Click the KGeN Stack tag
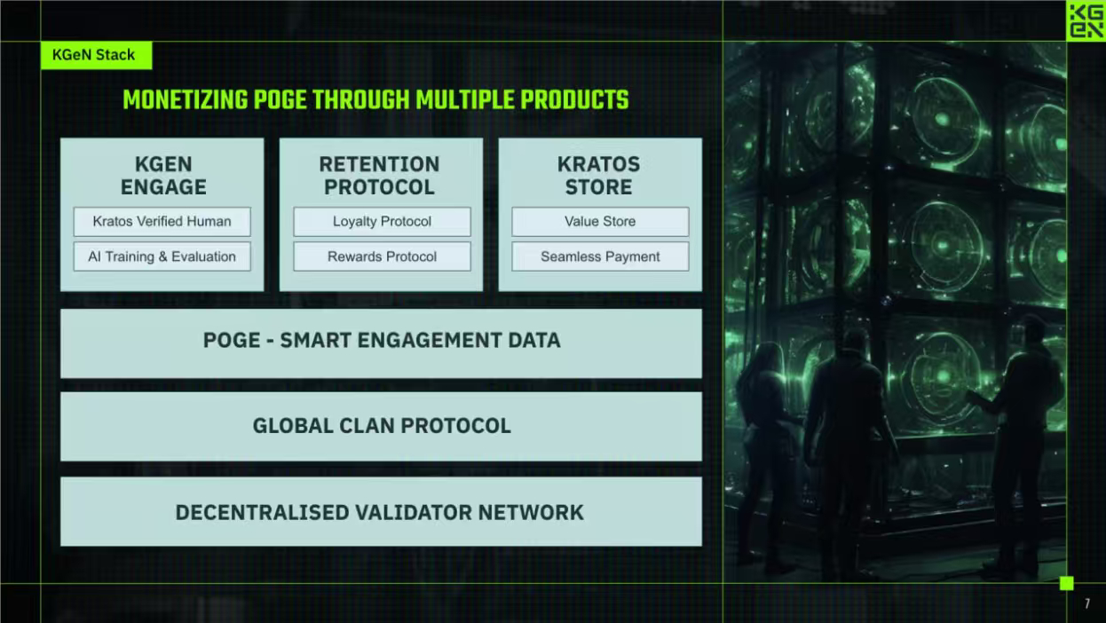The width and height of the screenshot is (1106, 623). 96,55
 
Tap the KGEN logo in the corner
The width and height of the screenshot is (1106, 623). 1086,20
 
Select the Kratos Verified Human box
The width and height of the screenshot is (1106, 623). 162,222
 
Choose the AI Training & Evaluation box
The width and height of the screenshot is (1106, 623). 162,256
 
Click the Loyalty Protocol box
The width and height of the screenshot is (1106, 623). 382,222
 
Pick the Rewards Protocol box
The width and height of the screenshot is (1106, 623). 382,256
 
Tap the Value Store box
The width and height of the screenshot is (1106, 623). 600,222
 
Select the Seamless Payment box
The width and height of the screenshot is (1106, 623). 600,256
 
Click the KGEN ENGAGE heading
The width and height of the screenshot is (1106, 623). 163,176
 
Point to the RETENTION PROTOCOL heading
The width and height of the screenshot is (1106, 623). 379,176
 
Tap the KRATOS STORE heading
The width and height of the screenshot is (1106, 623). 598,176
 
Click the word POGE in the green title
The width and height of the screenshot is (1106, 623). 280,100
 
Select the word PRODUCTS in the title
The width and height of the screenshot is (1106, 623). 574,100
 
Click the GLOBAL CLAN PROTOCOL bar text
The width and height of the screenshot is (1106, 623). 382,426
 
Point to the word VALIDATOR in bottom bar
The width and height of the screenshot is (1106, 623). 414,512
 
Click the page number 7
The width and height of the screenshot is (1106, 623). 1086,603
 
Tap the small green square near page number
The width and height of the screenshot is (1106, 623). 1067,583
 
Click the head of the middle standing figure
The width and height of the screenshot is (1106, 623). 853,342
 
